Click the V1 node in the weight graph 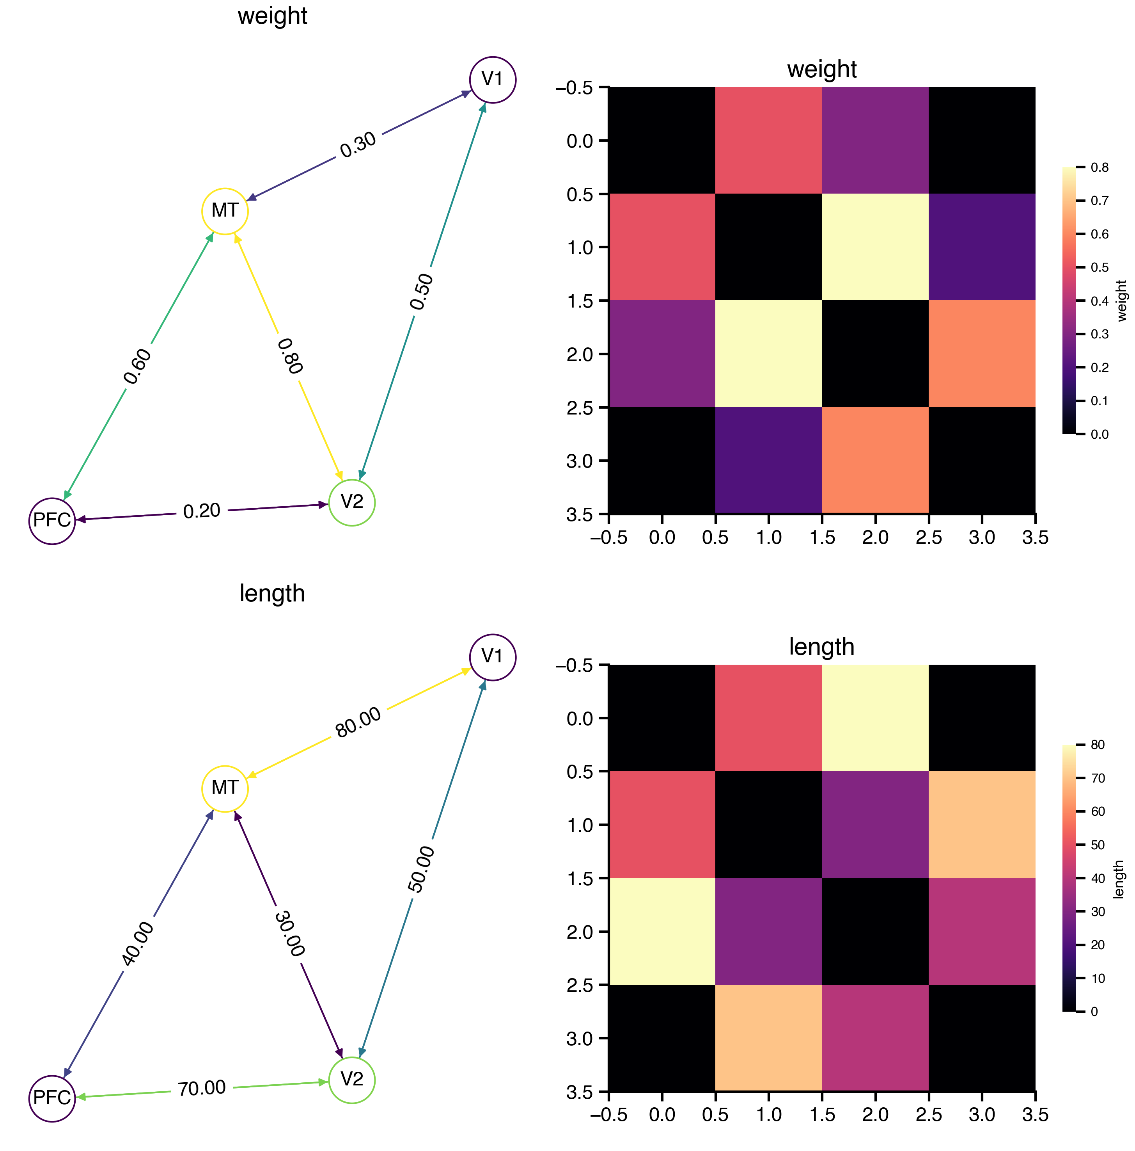click(x=492, y=79)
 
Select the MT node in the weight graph click(x=225, y=211)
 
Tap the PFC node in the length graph click(x=52, y=1098)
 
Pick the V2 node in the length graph click(x=351, y=1080)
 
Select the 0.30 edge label click(x=358, y=144)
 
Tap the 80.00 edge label click(x=358, y=722)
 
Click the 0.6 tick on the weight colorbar click(x=1099, y=234)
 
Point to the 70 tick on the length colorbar click(x=1098, y=778)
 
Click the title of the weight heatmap click(x=821, y=69)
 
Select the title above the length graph click(x=272, y=593)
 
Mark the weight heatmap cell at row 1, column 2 click(x=875, y=247)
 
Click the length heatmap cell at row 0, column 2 click(x=875, y=718)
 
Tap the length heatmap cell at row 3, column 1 click(x=768, y=1038)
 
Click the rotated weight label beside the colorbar click(x=1122, y=301)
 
